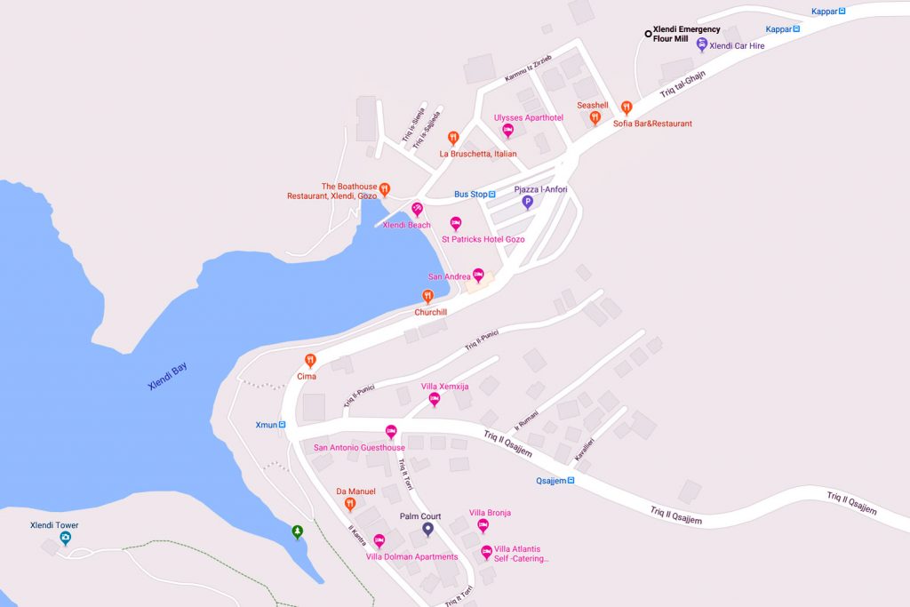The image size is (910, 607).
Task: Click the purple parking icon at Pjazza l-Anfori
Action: [527, 203]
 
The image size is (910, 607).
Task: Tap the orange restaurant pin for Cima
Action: [310, 360]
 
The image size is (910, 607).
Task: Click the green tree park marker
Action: [297, 531]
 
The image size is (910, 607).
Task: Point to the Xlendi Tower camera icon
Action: [66, 539]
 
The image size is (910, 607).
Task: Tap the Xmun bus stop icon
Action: [283, 425]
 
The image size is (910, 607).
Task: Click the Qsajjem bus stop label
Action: [551, 481]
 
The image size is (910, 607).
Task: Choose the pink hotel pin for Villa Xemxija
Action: [435, 399]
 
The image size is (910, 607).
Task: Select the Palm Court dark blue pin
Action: [427, 529]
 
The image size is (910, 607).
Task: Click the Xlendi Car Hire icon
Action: [701, 44]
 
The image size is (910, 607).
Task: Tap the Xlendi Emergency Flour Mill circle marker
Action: [648, 34]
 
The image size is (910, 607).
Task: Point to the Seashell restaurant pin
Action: [595, 117]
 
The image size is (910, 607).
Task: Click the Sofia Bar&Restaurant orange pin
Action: [627, 108]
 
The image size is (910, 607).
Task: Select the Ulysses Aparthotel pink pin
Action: [508, 131]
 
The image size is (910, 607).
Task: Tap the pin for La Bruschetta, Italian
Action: [453, 138]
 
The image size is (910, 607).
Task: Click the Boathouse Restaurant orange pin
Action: [385, 188]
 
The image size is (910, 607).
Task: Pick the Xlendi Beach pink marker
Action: [417, 209]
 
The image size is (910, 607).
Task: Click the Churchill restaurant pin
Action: [427, 297]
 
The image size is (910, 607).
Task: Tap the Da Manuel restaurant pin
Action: [350, 504]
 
